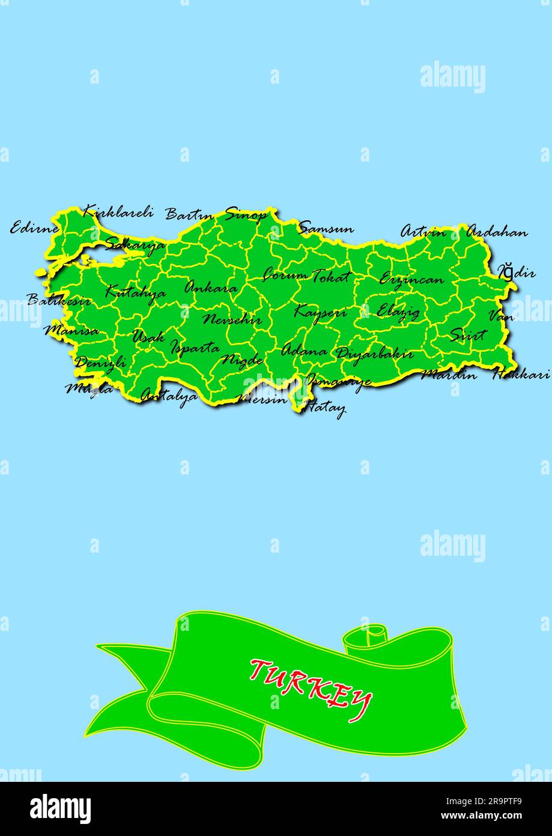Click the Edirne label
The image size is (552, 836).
click(35, 228)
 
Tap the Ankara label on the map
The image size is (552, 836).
click(210, 287)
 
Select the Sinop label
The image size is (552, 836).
click(246, 214)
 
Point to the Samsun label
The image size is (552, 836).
click(326, 228)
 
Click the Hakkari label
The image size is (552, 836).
click(521, 374)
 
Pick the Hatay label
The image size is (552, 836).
click(325, 408)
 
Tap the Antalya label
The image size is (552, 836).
click(169, 396)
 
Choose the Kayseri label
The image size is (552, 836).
click(320, 312)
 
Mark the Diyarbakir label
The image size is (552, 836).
click(374, 353)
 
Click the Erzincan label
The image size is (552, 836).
click(411, 279)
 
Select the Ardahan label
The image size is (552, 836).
click(497, 232)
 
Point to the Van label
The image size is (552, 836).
click(501, 315)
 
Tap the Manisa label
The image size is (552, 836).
click(71, 330)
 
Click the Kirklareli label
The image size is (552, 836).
click(118, 212)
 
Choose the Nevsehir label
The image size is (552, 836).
click(232, 319)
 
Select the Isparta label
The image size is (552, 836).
click(195, 347)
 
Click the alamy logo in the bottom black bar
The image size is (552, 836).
click(61, 809)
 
